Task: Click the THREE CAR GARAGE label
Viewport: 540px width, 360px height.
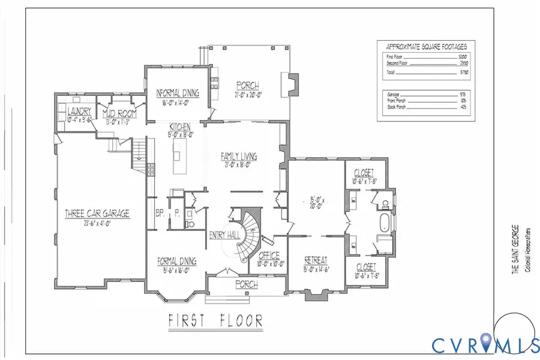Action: tap(97, 213)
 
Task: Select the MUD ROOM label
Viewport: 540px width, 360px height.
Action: tap(119, 113)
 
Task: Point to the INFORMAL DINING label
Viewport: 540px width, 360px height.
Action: tap(178, 93)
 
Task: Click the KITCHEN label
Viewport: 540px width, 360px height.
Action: tap(179, 127)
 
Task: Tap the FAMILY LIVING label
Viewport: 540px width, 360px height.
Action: tap(239, 156)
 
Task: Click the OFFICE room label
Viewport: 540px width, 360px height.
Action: tap(269, 256)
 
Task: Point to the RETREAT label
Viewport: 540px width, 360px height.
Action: tap(316, 260)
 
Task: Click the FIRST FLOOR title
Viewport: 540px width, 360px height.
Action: tap(215, 320)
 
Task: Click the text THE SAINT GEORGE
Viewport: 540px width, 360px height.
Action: tap(514, 249)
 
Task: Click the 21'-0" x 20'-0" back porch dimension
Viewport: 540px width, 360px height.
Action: tap(248, 94)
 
